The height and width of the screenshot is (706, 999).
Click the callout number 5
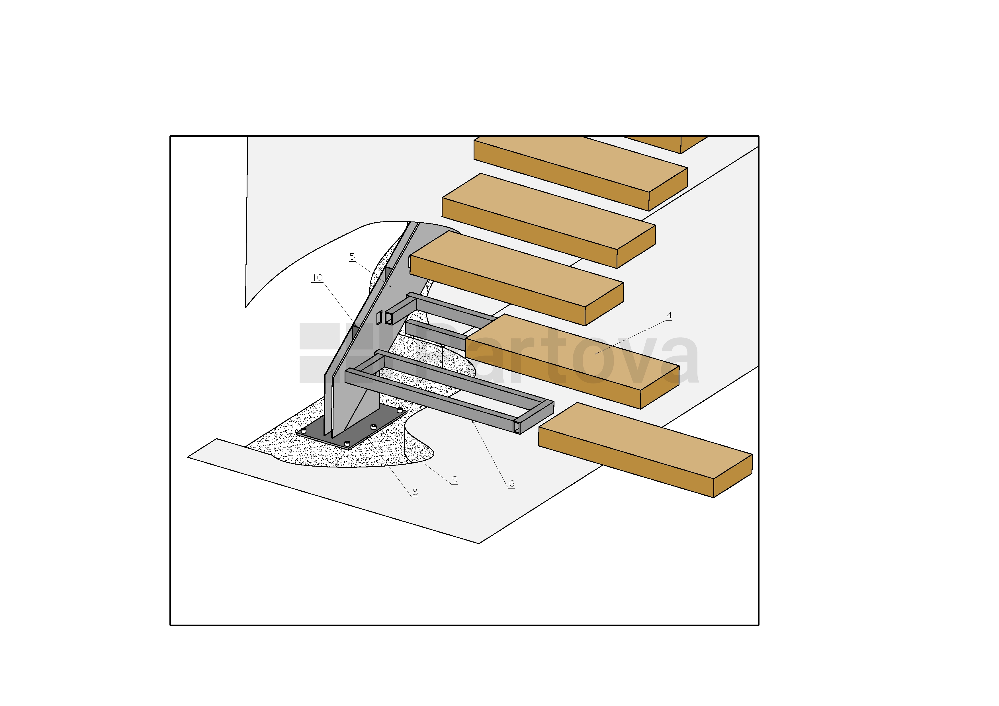tap(352, 257)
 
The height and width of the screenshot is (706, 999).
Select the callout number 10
tap(317, 278)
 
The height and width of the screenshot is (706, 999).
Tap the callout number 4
tap(669, 315)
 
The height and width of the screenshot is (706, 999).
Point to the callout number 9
tap(455, 479)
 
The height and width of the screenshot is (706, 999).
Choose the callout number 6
tap(512, 483)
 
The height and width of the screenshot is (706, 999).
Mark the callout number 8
tap(415, 492)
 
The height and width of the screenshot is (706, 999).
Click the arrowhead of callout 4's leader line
tap(597, 353)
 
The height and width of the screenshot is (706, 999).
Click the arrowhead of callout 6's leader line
tap(472, 422)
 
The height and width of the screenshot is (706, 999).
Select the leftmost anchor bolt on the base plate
tap(304, 431)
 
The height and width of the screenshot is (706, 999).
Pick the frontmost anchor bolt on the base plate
tap(347, 444)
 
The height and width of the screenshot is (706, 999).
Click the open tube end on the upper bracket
tap(388, 318)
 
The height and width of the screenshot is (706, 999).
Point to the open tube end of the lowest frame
tap(517, 427)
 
